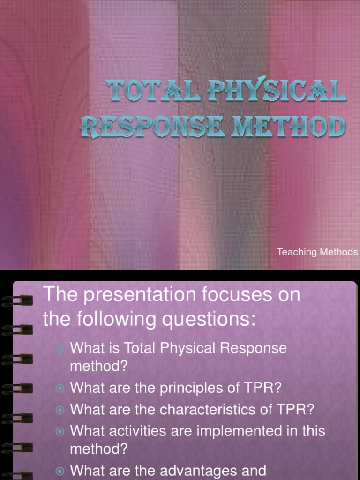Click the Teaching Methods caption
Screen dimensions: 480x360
[x=317, y=252]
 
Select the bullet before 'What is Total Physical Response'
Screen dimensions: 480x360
[x=60, y=348]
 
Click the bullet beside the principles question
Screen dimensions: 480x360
[x=60, y=389]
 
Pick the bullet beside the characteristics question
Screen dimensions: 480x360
[x=60, y=410]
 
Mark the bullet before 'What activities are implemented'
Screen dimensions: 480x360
[x=60, y=431]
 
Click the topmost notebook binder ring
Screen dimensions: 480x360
[x=19, y=300]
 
